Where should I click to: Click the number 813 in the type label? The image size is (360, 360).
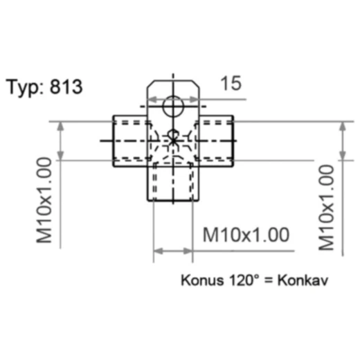pos(66,88)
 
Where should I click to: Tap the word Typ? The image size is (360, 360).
pos(27,89)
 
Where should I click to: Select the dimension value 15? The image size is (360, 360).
pos(231,84)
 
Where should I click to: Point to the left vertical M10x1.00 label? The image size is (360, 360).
pos(44,201)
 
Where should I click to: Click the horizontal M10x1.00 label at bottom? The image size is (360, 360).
pos(246,235)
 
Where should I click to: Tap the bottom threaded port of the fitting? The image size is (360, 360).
pos(173,182)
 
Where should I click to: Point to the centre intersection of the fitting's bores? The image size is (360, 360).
pos(173,141)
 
